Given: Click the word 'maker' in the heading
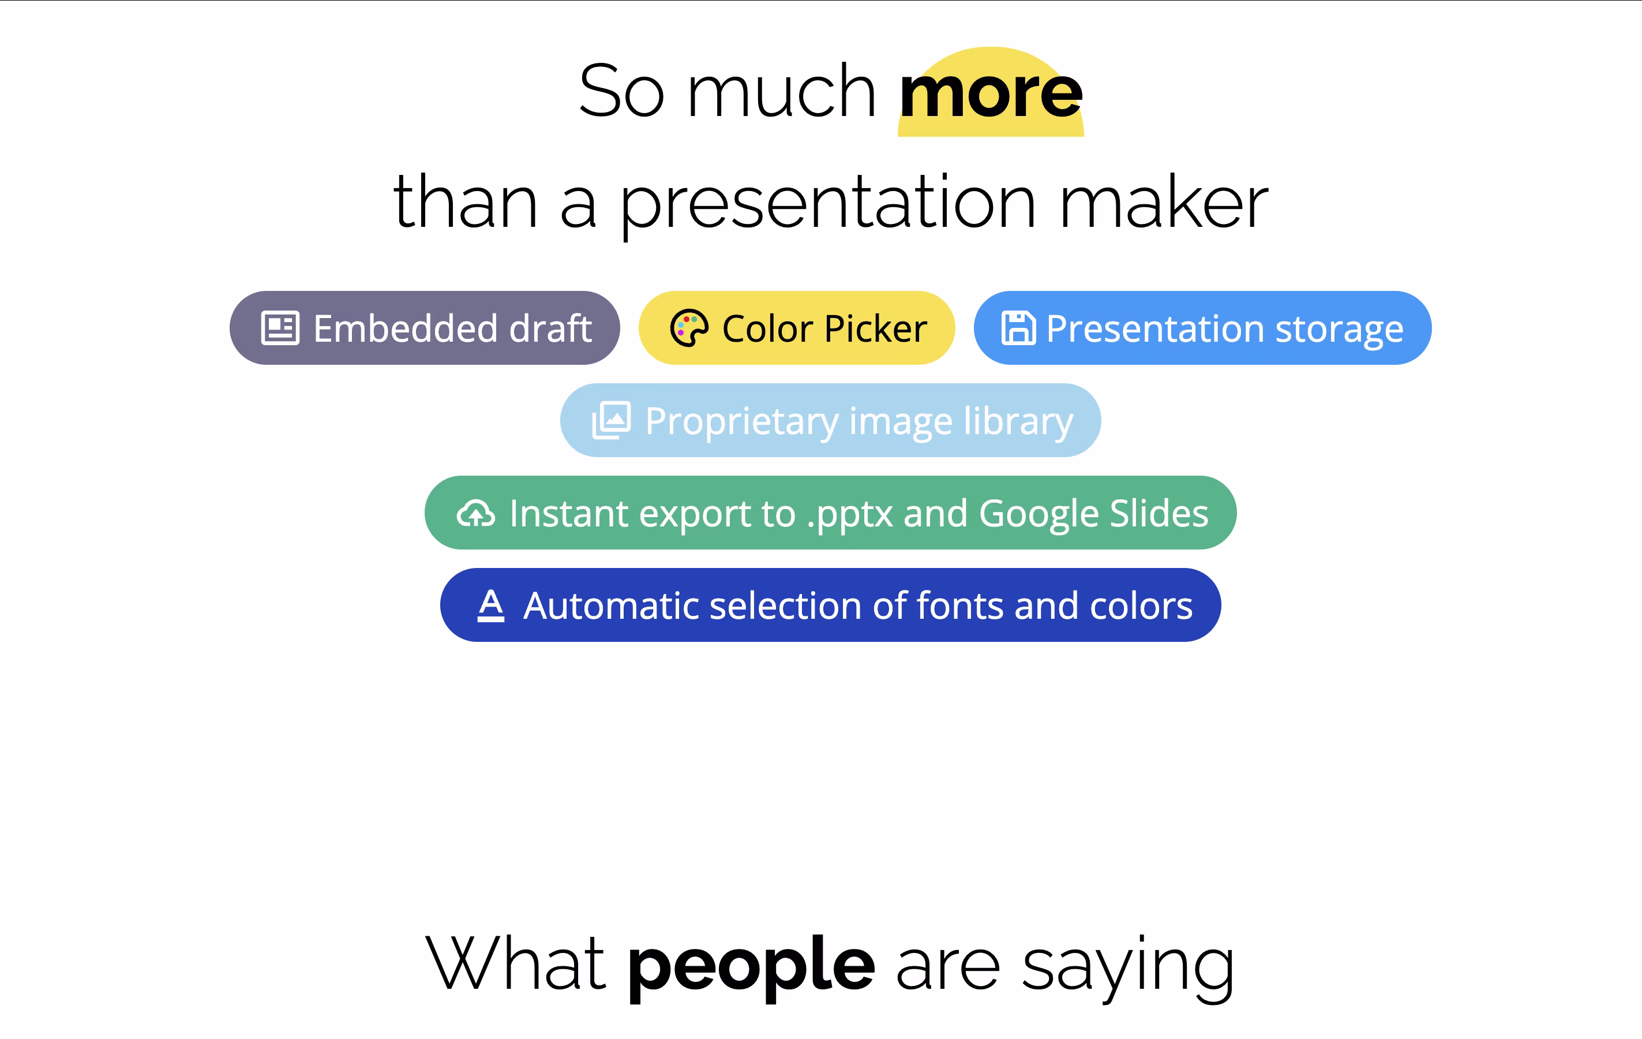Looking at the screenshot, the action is pyautogui.click(x=1163, y=200).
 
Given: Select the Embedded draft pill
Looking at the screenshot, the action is pyautogui.click(x=425, y=328).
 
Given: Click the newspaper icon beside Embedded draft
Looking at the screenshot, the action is pyautogui.click(x=280, y=328).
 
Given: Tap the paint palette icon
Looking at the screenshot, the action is pyautogui.click(x=689, y=328).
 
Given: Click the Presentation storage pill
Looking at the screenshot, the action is pyautogui.click(x=1202, y=328).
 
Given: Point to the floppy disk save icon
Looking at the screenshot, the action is pyautogui.click(x=1019, y=328).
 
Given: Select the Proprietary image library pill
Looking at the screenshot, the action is pyautogui.click(x=831, y=420).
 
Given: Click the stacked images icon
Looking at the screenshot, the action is pyautogui.click(x=612, y=420).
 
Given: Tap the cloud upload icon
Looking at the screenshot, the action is pyautogui.click(x=476, y=513).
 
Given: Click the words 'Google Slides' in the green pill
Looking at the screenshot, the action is pyautogui.click(x=1094, y=513).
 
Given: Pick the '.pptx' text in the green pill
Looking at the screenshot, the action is pyautogui.click(x=850, y=515).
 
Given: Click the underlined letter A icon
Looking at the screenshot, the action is pyautogui.click(x=491, y=605).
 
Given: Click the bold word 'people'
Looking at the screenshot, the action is pyautogui.click(x=751, y=967).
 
